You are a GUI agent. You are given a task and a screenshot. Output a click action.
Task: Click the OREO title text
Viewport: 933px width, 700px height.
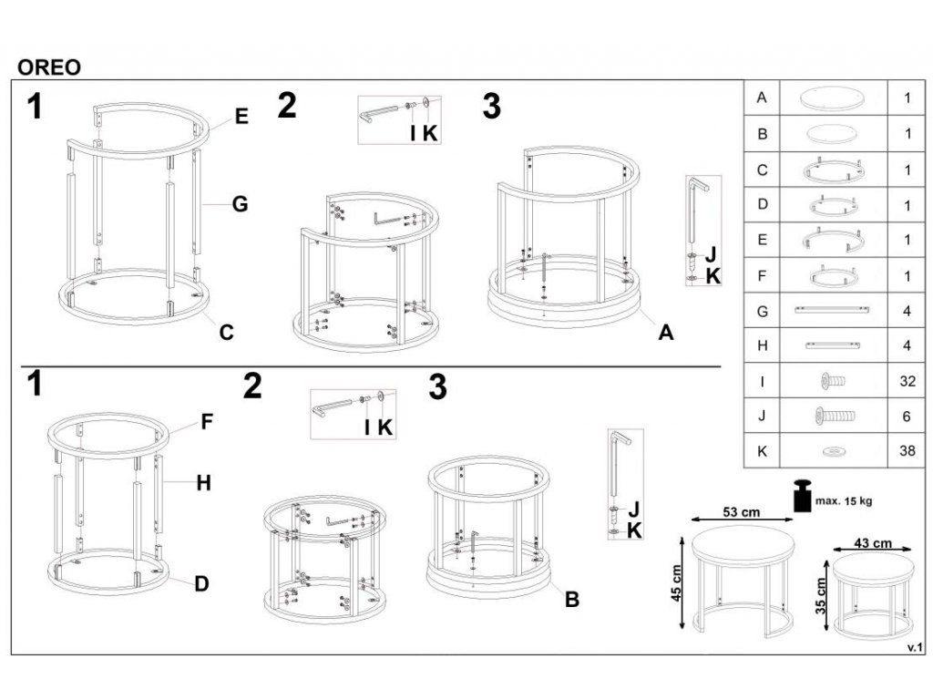(x=49, y=67)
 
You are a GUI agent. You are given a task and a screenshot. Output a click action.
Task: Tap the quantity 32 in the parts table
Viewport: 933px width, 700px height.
(x=907, y=381)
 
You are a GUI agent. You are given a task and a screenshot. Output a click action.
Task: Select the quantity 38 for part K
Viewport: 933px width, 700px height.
(x=907, y=450)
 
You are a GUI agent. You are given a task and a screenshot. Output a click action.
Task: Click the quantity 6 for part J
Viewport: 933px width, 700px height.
(x=907, y=416)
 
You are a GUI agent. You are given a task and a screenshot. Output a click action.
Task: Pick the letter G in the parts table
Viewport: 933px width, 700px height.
(x=763, y=312)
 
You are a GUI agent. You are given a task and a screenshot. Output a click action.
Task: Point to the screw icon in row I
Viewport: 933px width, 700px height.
(x=833, y=380)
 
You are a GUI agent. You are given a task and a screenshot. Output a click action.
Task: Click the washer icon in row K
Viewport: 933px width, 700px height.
(x=833, y=452)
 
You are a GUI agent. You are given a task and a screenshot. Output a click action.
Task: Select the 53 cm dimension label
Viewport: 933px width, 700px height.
(x=741, y=511)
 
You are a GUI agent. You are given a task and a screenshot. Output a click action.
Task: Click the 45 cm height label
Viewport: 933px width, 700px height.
(x=677, y=583)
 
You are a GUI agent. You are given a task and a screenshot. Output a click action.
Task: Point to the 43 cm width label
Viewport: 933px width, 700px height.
(x=873, y=543)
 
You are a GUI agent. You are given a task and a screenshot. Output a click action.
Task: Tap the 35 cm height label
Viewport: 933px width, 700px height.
(x=821, y=596)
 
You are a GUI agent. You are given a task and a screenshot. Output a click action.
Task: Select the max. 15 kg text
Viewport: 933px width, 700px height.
(x=844, y=501)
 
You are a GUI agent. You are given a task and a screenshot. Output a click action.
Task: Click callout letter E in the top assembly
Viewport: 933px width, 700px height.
(x=241, y=116)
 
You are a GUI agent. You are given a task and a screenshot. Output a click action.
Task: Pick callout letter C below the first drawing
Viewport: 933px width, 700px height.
(x=226, y=332)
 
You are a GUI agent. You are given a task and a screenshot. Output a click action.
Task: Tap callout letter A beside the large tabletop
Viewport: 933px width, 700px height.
(x=666, y=332)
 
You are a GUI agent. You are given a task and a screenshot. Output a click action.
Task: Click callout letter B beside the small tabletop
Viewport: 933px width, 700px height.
(x=572, y=599)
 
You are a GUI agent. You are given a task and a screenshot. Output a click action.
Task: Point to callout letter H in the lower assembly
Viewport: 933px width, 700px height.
(x=203, y=483)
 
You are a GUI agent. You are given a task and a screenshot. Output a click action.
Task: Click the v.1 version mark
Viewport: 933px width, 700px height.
(x=915, y=648)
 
